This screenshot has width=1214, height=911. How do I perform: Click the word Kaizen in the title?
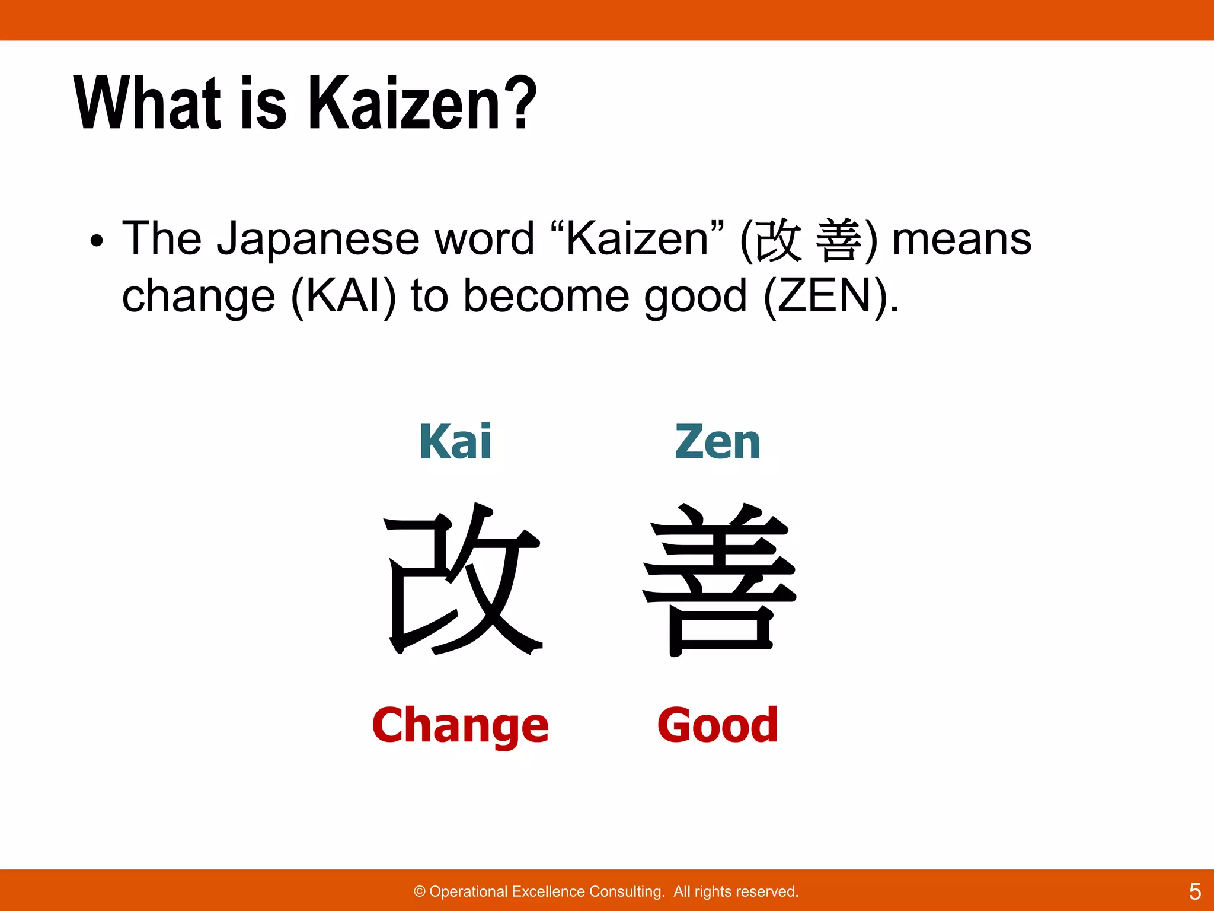pos(405,104)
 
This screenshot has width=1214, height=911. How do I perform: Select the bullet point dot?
pos(97,241)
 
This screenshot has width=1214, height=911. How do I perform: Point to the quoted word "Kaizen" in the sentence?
pos(637,238)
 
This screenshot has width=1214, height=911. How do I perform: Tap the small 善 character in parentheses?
pos(839,240)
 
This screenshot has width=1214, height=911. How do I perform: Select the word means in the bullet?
pos(961,240)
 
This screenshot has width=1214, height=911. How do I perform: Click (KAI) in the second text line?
pos(343,297)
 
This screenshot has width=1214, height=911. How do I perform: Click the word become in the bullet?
pos(546,296)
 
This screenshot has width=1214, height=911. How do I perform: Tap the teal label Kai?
pos(455,442)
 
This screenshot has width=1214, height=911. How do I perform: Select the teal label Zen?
pos(717,442)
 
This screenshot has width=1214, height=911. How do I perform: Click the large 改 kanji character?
pos(463,578)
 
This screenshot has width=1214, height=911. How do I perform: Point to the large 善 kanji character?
pos(719,579)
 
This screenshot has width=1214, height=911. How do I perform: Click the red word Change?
pos(460,725)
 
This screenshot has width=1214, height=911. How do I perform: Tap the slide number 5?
pos(1194,891)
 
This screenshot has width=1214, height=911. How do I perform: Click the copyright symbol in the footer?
pos(420,891)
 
